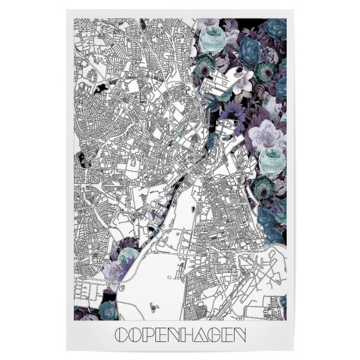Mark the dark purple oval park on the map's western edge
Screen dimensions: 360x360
pos(80,160)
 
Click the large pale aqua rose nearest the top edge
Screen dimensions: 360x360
pos(213,40)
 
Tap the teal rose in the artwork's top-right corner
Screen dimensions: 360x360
pos(275,28)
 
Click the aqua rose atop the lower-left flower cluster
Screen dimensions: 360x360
pos(127,256)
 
